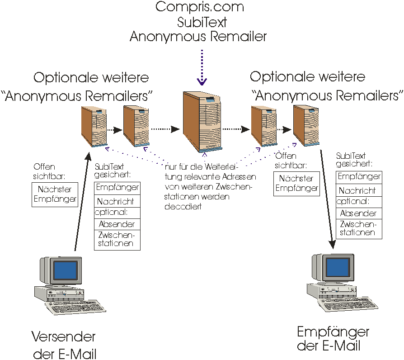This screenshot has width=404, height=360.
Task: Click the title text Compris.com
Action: [x=200, y=7]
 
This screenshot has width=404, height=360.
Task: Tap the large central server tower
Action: [x=202, y=122]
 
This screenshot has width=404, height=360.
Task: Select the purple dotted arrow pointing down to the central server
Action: [x=202, y=67]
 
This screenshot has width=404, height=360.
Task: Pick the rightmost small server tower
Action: [x=306, y=126]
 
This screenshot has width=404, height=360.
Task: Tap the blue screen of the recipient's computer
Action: [x=338, y=267]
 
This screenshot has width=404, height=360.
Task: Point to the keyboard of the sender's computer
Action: [x=75, y=307]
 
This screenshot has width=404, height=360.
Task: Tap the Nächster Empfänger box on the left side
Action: [x=55, y=194]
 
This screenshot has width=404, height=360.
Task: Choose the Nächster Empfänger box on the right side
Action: [x=296, y=184]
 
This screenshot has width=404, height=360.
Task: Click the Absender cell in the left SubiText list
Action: [x=117, y=224]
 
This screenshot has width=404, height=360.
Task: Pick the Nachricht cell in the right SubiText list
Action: [x=359, y=190]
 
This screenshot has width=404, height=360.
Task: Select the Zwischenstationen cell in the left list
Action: [x=117, y=240]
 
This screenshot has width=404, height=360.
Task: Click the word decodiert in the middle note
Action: [x=183, y=207]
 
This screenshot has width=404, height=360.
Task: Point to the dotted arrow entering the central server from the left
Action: [x=165, y=129]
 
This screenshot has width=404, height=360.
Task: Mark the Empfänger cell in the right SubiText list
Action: [x=359, y=177]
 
